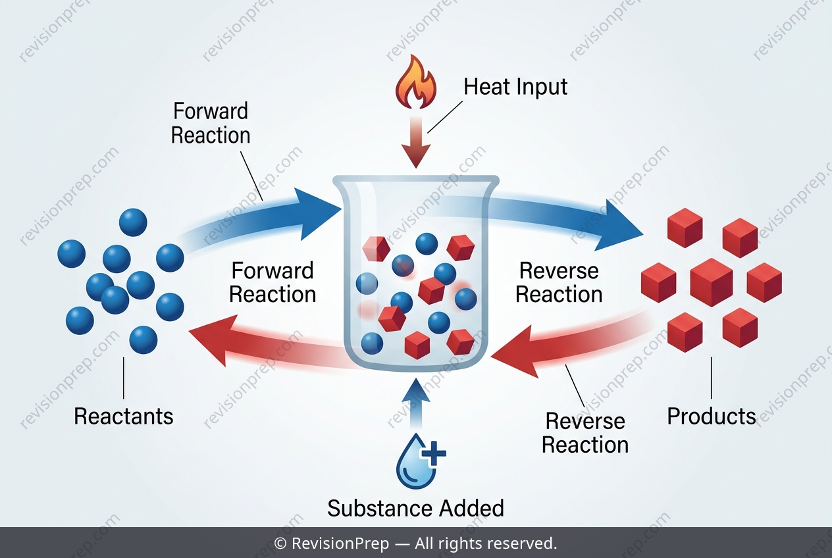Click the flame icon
pyautogui.click(x=416, y=82)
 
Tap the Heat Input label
pyautogui.click(x=515, y=88)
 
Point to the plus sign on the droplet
pyautogui.click(x=434, y=453)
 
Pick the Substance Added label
pyautogui.click(x=415, y=508)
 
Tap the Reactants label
pyautogui.click(x=124, y=416)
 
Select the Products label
pyautogui.click(x=712, y=416)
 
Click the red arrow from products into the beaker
pyautogui.click(x=572, y=345)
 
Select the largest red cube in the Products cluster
pyautogui.click(x=712, y=282)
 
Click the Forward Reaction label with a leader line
pyautogui.click(x=211, y=123)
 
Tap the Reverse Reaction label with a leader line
pyautogui.click(x=585, y=433)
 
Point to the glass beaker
pyautogui.click(x=416, y=271)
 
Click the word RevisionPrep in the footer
pyautogui.click(x=340, y=543)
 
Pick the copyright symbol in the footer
pyautogui.click(x=280, y=544)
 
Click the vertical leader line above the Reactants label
pyautogui.click(x=124, y=378)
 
